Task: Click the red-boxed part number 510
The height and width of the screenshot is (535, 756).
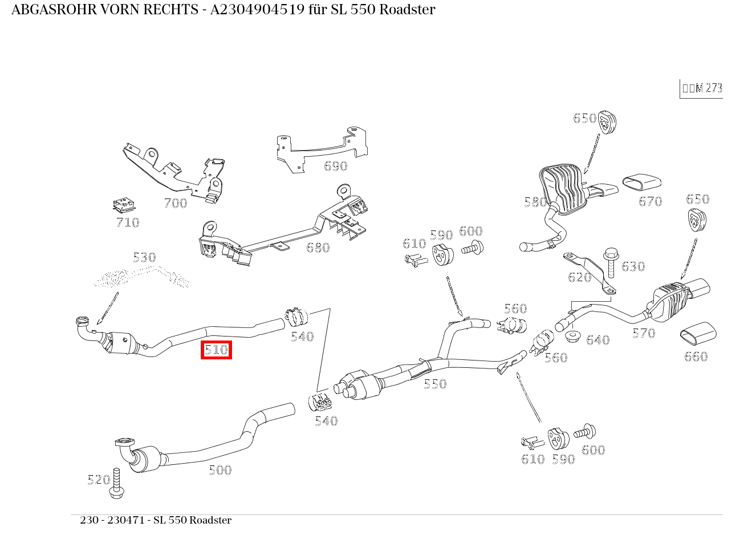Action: coord(216,350)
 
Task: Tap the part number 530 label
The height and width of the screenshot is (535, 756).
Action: coord(144,257)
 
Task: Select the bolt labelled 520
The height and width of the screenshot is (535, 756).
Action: coord(117,483)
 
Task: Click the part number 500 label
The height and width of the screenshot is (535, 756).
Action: coord(220,470)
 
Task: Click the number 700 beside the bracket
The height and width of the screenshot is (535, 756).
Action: coord(175,203)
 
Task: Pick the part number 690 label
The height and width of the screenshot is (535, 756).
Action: coord(335,166)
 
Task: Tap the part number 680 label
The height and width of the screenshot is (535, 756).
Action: coord(318,248)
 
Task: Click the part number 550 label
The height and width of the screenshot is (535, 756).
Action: coord(435,384)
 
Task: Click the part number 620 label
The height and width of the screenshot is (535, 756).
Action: coord(579,277)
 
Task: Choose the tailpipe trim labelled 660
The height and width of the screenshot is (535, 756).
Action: coord(697,334)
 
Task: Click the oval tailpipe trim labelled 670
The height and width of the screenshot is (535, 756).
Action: coord(641,181)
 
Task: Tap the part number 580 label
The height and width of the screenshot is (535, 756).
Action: coord(535,202)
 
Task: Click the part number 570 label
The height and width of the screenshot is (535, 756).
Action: coord(644,333)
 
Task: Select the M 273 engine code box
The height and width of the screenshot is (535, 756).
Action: coord(702,88)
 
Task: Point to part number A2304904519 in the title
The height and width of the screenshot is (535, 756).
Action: coord(257,10)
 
